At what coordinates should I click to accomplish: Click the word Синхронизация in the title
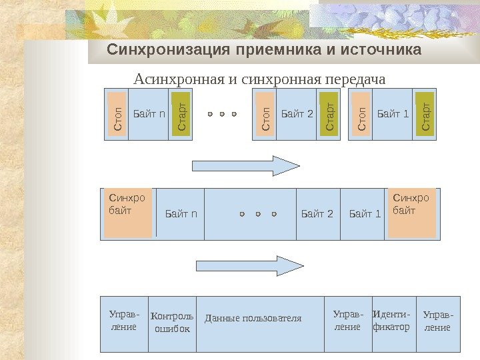click(159, 50)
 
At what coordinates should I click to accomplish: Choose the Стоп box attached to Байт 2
click(265, 115)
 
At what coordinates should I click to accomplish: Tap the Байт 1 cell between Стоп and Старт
click(393, 114)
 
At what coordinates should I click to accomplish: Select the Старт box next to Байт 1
click(425, 115)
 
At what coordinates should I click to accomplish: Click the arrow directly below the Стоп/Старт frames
click(246, 165)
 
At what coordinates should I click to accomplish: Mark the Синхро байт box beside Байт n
click(128, 213)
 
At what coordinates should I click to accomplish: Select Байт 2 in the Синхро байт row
click(317, 214)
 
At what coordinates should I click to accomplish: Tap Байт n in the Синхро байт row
click(181, 214)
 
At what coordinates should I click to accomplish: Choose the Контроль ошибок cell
click(172, 323)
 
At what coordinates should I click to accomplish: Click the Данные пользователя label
click(253, 318)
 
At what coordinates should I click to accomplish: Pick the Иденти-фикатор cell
click(391, 321)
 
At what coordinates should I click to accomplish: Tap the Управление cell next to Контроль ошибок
click(123, 321)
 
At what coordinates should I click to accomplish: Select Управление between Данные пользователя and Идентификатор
click(348, 321)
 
